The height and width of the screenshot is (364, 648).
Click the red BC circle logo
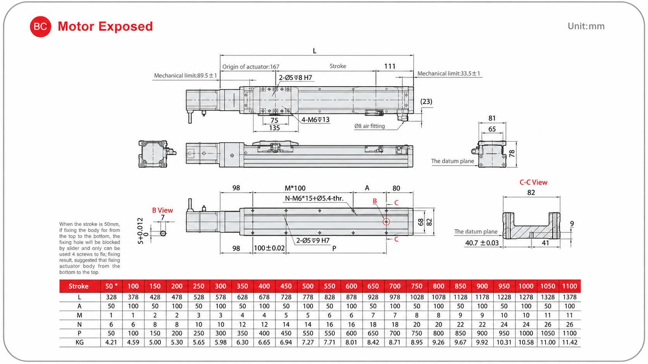[x=40, y=27]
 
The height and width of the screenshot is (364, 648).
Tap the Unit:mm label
[x=586, y=26]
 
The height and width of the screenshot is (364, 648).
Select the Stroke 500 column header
[x=308, y=286]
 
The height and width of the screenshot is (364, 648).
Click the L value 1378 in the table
[x=569, y=297]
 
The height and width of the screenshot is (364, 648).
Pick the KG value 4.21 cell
[x=111, y=342]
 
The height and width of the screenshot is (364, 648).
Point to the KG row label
[x=79, y=342]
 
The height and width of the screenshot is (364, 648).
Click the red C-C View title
[x=533, y=183]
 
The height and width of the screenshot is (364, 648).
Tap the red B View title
[x=162, y=210]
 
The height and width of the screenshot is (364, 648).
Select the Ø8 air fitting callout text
[x=369, y=126]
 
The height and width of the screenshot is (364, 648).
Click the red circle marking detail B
[x=386, y=222]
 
